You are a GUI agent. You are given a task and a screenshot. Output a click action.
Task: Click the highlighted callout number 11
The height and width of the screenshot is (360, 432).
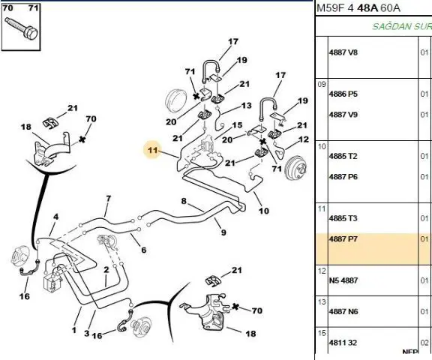(x=153, y=151)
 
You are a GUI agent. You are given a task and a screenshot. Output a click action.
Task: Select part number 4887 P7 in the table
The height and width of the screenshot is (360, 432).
(x=343, y=238)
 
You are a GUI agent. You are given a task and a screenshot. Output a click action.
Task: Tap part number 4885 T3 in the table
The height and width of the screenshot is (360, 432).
(x=343, y=218)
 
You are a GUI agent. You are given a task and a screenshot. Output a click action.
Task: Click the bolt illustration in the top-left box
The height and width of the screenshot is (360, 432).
(x=21, y=28)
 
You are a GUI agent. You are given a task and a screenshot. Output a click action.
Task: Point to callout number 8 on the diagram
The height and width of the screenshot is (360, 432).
(x=184, y=201)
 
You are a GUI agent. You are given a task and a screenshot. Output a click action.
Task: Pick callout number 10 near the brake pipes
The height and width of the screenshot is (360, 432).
(x=264, y=211)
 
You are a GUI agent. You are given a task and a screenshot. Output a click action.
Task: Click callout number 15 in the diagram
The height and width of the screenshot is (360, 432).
(x=237, y=125)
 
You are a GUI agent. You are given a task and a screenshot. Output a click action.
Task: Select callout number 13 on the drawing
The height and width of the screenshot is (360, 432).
(x=246, y=106)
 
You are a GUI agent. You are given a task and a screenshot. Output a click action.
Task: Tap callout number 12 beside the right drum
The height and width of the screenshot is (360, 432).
(x=304, y=139)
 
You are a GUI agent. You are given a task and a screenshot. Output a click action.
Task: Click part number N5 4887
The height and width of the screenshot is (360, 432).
(x=343, y=280)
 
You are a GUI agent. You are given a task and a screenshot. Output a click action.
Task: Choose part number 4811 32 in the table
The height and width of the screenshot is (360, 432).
(x=343, y=343)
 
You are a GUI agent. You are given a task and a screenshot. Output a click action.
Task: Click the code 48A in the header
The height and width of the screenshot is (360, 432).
(x=367, y=8)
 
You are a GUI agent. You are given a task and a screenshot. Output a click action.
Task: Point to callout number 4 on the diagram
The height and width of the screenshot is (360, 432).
(x=56, y=217)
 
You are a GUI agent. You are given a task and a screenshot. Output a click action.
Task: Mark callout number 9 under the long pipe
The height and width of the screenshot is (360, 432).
(x=223, y=232)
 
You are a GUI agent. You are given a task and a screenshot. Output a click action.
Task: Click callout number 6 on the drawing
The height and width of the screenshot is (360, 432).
(x=143, y=250)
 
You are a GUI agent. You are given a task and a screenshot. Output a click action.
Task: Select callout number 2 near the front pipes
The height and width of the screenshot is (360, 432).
(x=106, y=270)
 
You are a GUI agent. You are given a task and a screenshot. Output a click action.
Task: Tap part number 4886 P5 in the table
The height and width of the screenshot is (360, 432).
(x=343, y=94)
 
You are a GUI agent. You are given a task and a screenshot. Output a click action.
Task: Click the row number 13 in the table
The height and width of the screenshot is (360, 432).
(x=322, y=302)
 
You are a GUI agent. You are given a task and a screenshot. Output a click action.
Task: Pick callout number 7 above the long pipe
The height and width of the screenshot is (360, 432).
(x=108, y=198)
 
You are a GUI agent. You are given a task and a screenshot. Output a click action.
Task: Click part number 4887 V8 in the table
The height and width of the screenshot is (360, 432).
(x=343, y=52)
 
